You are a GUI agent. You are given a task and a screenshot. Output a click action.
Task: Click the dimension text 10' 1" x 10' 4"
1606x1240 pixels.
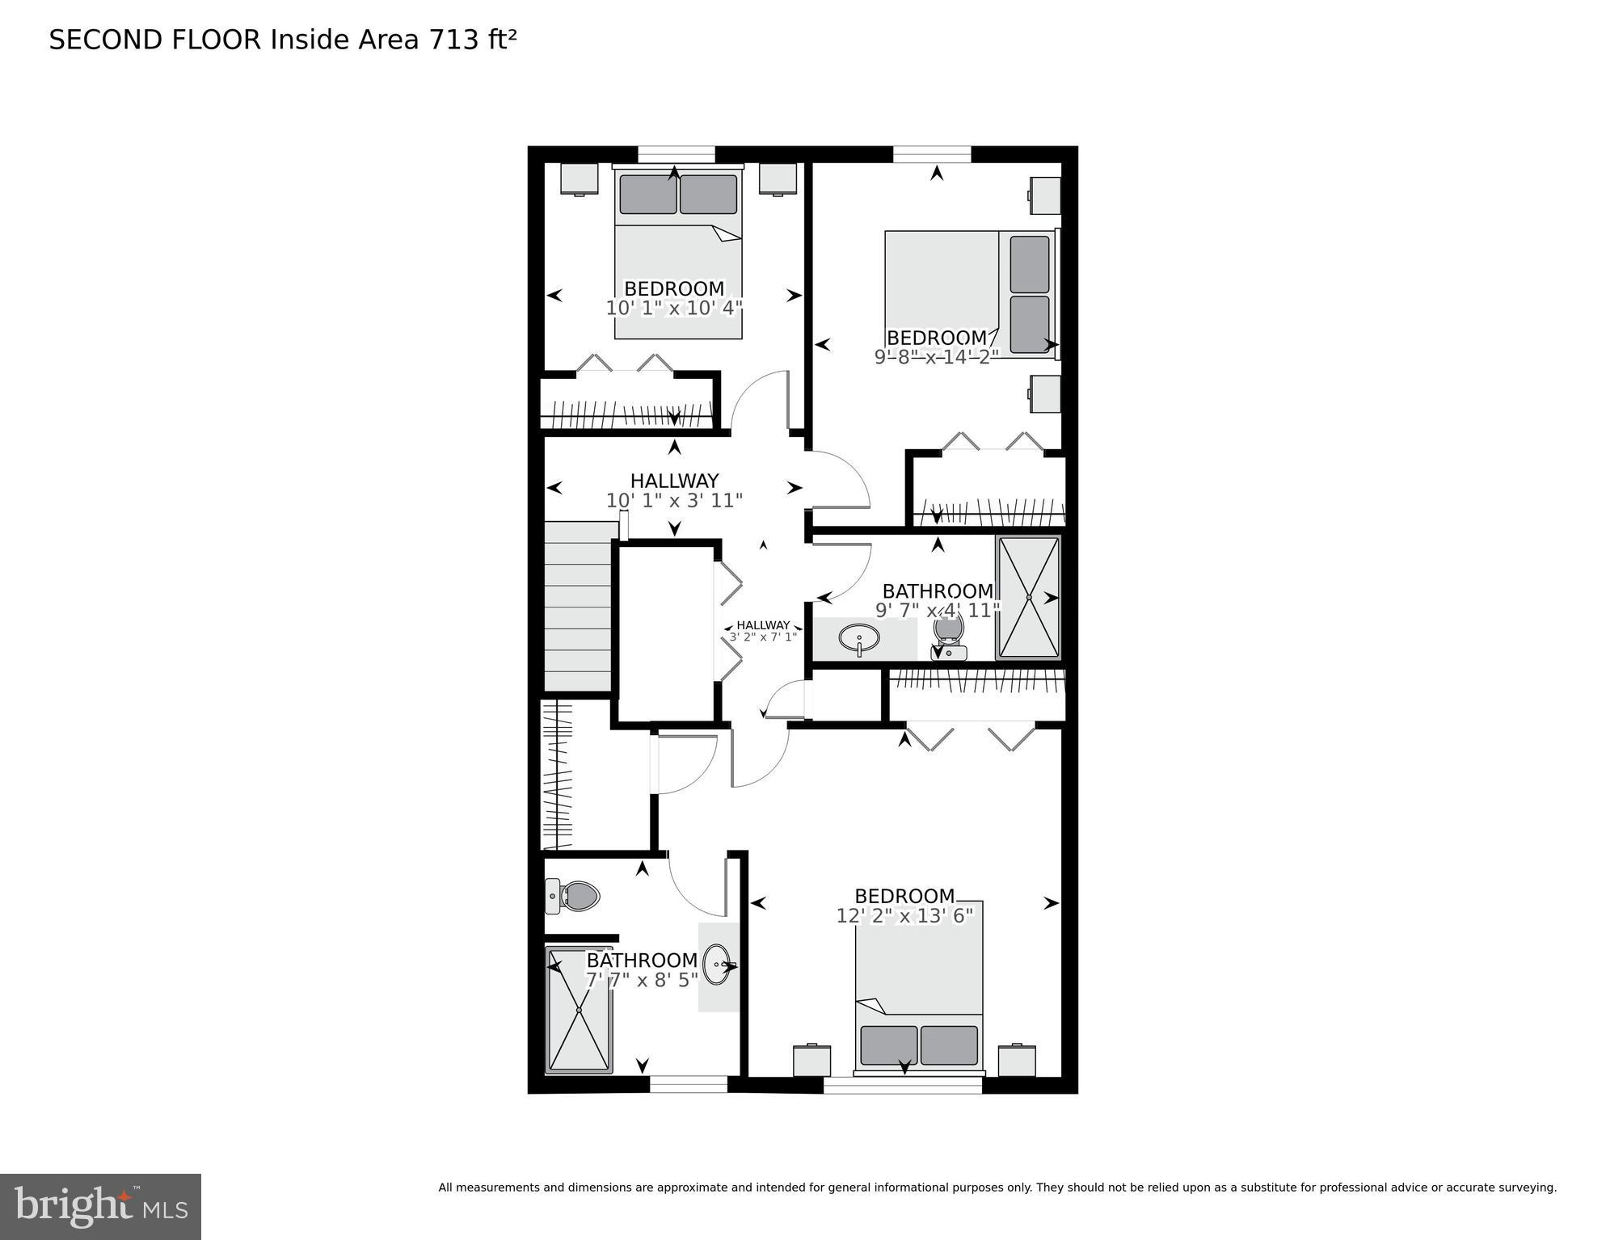674,308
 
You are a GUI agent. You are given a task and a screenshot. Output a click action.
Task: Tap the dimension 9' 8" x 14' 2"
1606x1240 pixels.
936,356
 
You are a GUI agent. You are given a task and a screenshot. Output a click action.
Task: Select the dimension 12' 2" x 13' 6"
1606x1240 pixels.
904,915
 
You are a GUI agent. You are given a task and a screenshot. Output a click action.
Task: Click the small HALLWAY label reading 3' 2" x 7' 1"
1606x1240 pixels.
763,637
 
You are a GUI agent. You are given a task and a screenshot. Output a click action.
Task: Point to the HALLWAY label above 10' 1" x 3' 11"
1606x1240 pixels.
674,481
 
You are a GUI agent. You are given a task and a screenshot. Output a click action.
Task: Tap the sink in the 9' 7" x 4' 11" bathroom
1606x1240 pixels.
859,639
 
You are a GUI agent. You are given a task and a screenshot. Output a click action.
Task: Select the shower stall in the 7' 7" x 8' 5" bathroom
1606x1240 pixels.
579,1010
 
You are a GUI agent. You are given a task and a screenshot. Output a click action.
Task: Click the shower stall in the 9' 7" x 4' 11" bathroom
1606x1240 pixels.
1028,597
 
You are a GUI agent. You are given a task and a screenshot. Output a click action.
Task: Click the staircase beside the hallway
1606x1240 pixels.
577,606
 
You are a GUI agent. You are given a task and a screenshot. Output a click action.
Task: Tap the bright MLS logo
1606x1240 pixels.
100,1207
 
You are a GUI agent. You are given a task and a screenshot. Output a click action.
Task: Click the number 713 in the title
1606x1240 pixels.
454,40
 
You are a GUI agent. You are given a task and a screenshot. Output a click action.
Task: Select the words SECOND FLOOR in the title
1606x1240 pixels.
155,40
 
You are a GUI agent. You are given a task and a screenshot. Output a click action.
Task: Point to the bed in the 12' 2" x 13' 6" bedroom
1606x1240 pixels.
919,990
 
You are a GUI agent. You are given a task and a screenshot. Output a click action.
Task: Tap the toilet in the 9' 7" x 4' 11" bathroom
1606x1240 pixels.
949,637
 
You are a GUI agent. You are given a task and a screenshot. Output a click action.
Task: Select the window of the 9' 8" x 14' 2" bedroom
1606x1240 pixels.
931,153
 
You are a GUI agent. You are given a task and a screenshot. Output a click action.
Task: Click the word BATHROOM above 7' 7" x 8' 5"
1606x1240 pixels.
642,960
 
